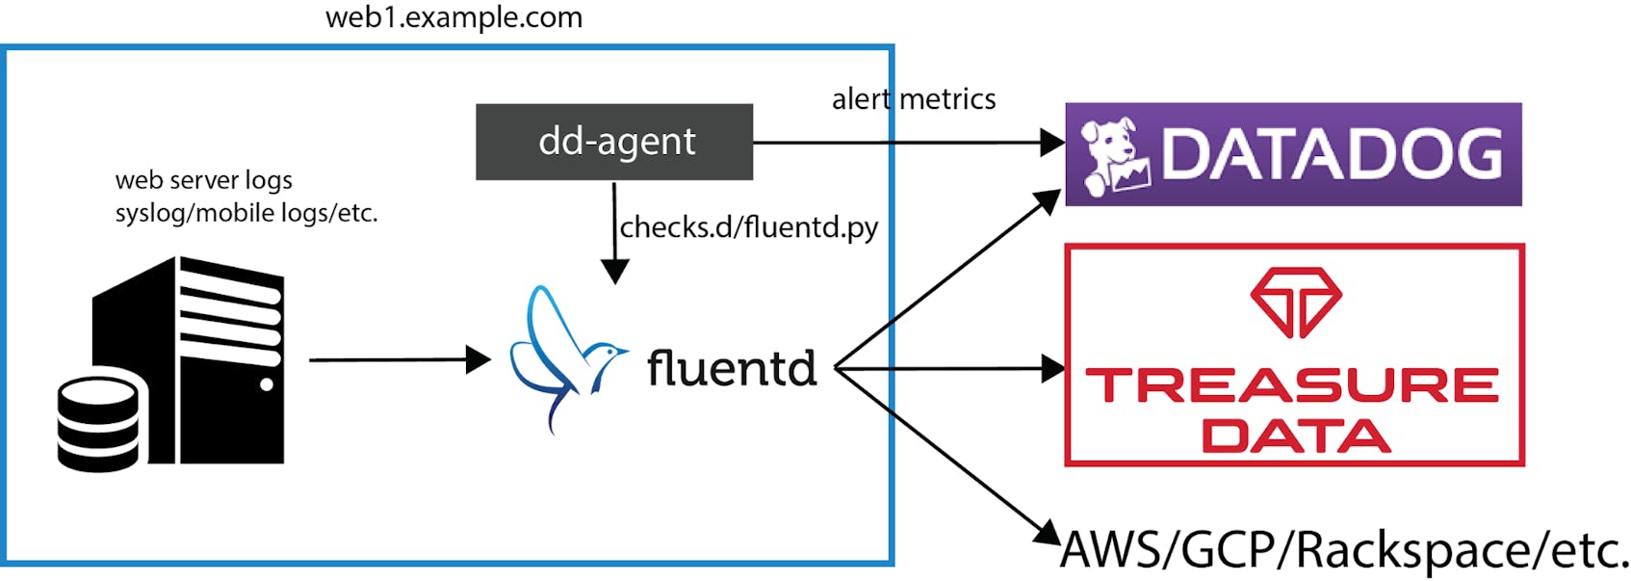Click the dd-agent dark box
click(613, 142)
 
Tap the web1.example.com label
click(453, 17)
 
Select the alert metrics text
click(913, 99)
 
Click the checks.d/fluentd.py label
click(748, 227)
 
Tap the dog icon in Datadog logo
click(1113, 154)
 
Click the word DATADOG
click(1332, 154)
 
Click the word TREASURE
click(1292, 385)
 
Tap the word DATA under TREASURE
click(1295, 436)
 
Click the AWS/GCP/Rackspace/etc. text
click(1344, 550)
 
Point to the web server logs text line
click(203, 180)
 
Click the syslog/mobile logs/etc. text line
click(246, 213)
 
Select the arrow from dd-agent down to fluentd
click(614, 231)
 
